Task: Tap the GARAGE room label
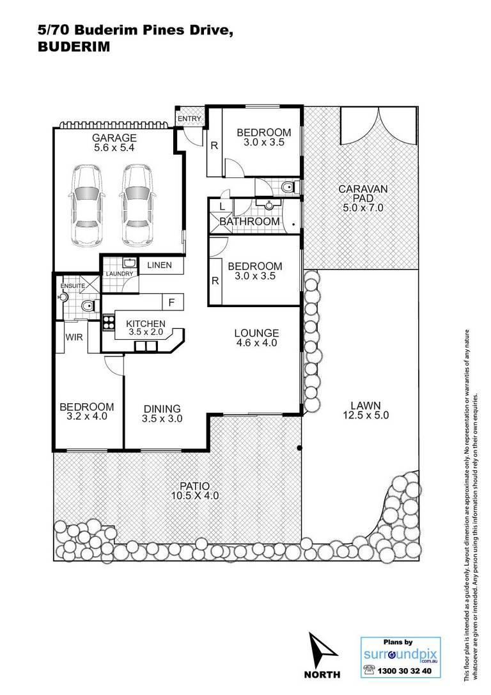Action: [114, 138]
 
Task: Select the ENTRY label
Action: [189, 119]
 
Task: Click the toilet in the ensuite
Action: [88, 306]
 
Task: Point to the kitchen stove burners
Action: [108, 323]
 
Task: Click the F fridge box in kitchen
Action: [172, 302]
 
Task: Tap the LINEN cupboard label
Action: [159, 265]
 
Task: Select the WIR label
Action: [74, 337]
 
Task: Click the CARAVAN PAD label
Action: [363, 193]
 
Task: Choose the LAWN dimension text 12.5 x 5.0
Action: [366, 415]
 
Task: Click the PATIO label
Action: [195, 486]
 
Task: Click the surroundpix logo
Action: [400, 655]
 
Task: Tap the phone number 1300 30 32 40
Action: [404, 671]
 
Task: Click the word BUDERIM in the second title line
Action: [74, 47]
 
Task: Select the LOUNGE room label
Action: [257, 333]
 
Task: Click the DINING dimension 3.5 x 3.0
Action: [162, 419]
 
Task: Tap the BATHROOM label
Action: [250, 221]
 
